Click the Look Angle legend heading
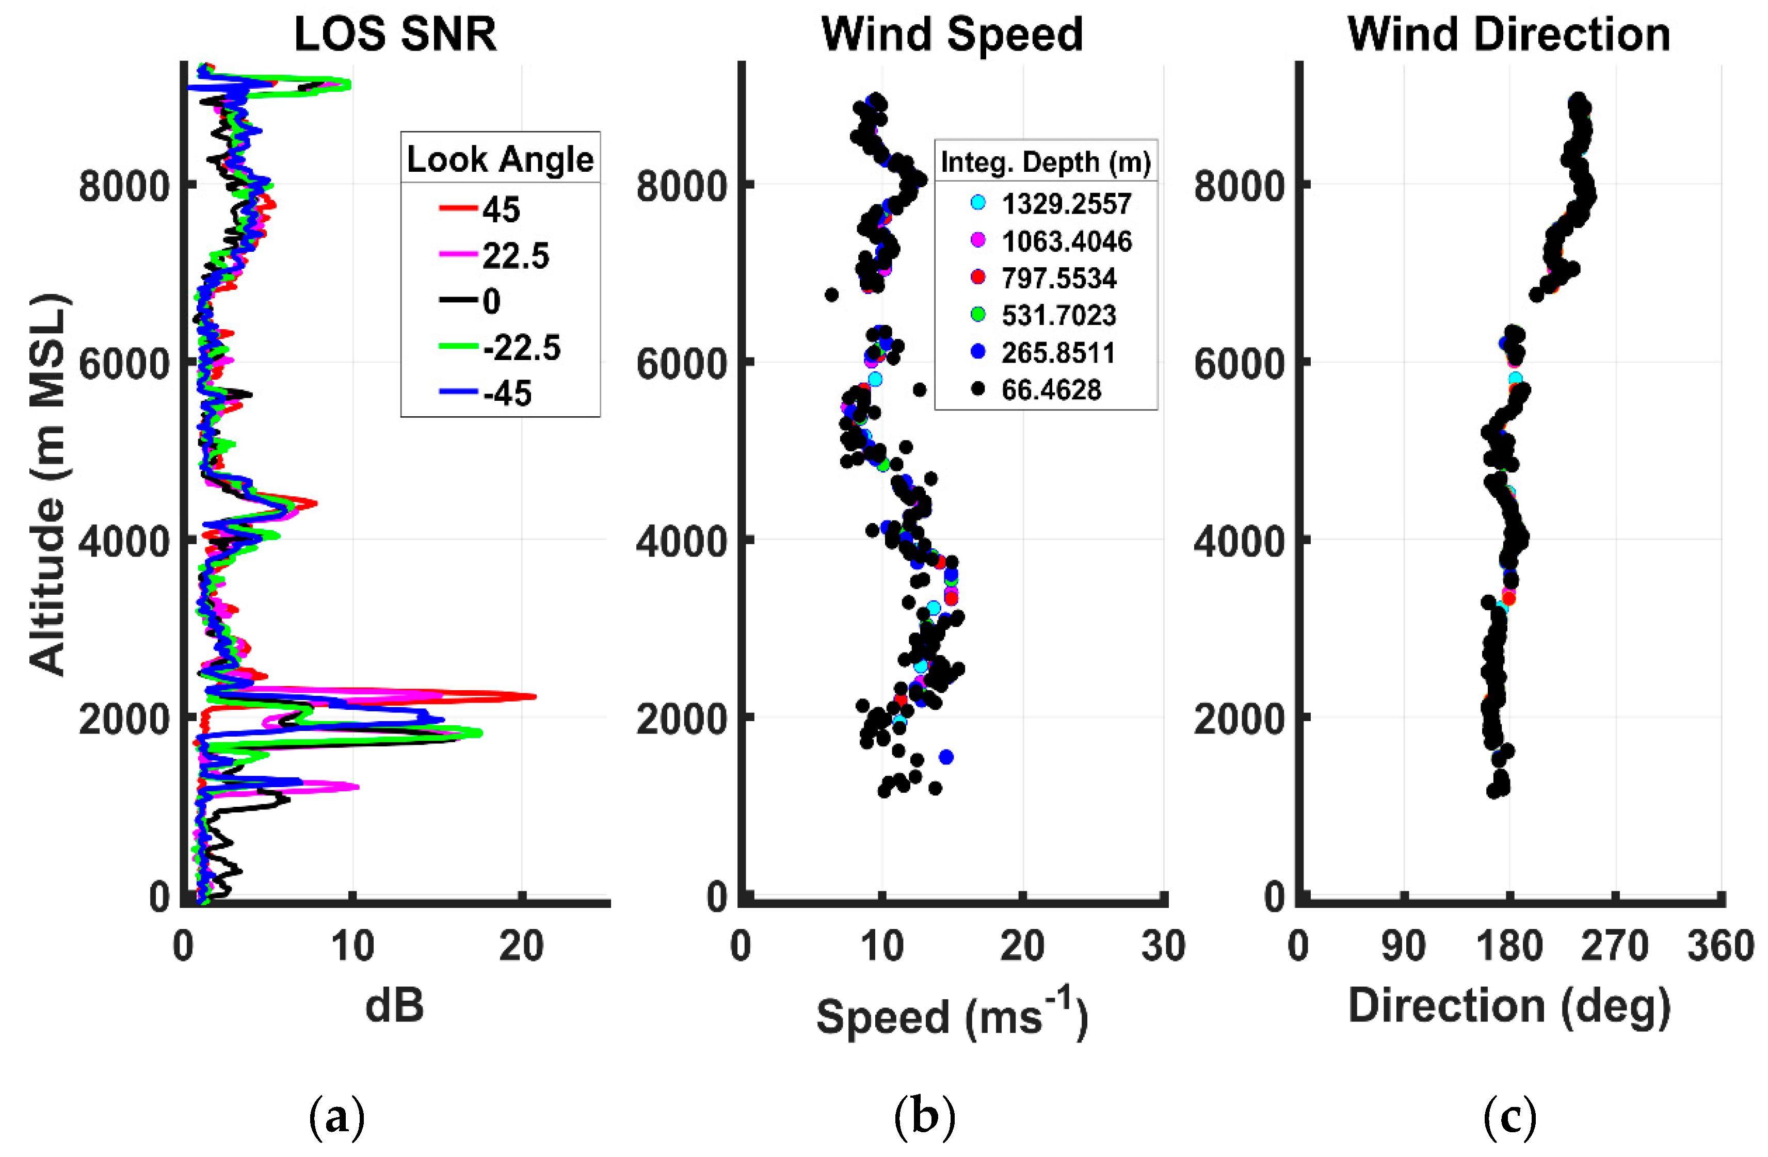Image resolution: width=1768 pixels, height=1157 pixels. (500, 159)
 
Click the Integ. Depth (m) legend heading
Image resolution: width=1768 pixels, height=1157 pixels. (1045, 162)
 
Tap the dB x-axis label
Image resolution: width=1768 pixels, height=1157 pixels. (394, 1005)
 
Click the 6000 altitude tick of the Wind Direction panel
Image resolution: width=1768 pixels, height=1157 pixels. (1239, 364)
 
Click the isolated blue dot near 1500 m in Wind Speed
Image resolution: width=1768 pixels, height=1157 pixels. (945, 757)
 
